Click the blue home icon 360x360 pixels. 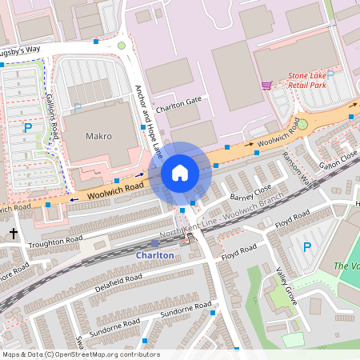(180, 173)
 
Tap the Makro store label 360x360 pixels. (98, 137)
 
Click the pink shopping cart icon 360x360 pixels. (266, 85)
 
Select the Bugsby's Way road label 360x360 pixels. (20, 50)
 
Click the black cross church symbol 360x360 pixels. (14, 234)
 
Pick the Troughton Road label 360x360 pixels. (56, 239)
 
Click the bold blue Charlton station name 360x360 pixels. (154, 254)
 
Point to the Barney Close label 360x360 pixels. (250, 194)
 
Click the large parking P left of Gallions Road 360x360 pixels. (28, 128)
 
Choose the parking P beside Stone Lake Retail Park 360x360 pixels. (330, 74)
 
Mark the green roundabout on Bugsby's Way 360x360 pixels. (122, 46)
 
